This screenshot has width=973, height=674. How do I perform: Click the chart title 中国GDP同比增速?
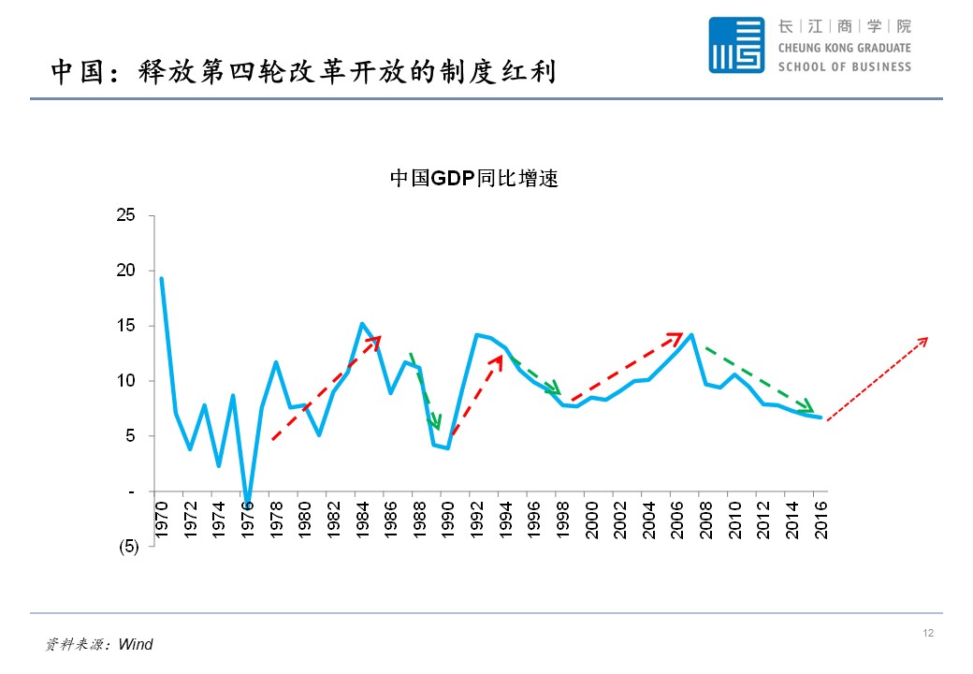point(473,179)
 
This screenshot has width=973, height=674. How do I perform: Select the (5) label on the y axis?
point(127,547)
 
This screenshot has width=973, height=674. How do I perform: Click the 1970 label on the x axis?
point(162,520)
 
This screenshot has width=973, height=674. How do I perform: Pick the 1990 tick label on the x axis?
point(449,520)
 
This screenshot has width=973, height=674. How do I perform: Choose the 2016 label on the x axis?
point(822,520)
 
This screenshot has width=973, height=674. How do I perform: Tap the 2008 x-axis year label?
point(707,520)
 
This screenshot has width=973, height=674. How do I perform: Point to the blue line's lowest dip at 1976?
point(247,503)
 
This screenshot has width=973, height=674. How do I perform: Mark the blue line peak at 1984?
point(362,324)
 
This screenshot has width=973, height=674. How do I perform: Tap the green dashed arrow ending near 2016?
point(760,380)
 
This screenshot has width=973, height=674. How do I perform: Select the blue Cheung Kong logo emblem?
point(736,45)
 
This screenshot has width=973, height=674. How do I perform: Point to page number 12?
point(928,634)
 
